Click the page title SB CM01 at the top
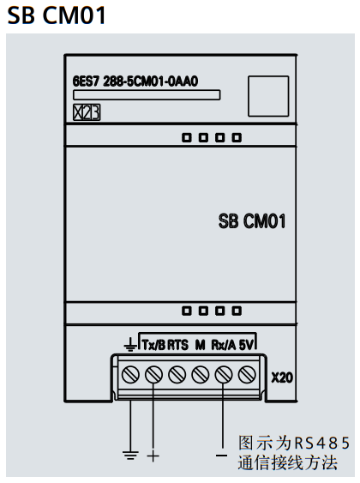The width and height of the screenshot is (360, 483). (x=57, y=15)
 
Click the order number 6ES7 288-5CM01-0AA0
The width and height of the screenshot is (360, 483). (x=135, y=82)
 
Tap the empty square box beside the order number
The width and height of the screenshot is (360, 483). (x=268, y=96)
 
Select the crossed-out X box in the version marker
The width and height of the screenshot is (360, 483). (x=77, y=112)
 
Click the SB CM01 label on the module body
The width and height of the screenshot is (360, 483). (x=252, y=221)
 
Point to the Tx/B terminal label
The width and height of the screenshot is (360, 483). (x=153, y=345)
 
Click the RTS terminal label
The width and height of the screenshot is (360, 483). (x=177, y=345)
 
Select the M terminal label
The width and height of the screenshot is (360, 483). (x=200, y=345)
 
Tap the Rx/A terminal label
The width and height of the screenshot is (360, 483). (x=224, y=345)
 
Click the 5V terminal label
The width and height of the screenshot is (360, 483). (x=246, y=345)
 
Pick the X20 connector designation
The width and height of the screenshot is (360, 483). (x=282, y=377)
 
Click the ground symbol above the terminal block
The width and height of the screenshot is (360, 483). (x=130, y=345)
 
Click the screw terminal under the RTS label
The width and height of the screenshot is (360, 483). (x=177, y=375)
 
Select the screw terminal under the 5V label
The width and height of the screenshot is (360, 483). (x=247, y=375)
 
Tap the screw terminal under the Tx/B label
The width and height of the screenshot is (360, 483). (x=153, y=375)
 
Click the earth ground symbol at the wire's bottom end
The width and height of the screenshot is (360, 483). (x=130, y=455)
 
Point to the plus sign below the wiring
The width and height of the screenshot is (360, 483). (x=153, y=456)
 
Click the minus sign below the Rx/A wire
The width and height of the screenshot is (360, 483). (x=221, y=456)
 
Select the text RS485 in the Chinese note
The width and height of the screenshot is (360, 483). (x=322, y=443)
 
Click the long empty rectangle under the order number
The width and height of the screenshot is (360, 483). (x=147, y=95)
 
